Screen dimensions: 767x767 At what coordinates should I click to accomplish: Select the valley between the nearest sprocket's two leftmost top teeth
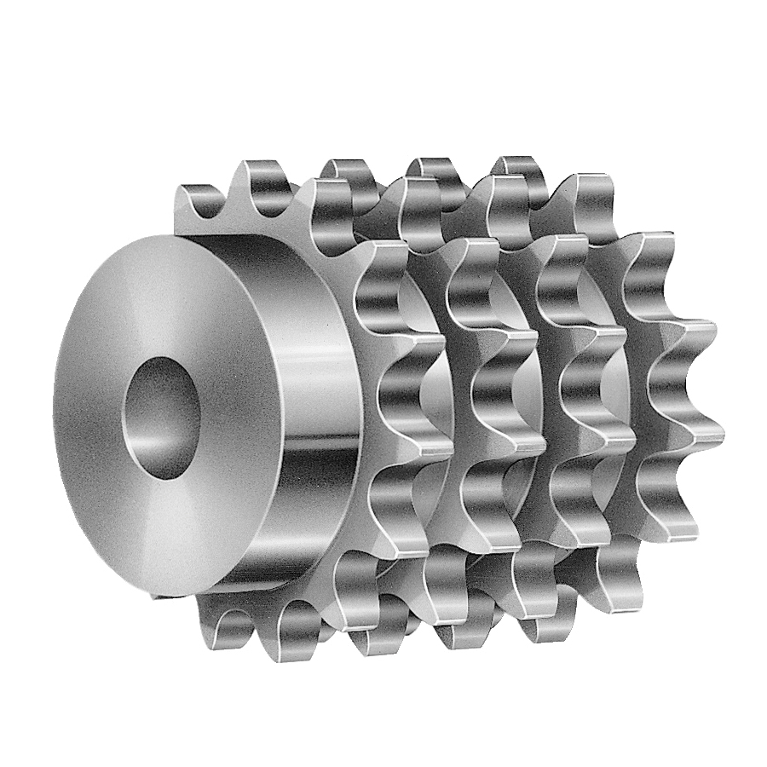(226, 205)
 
